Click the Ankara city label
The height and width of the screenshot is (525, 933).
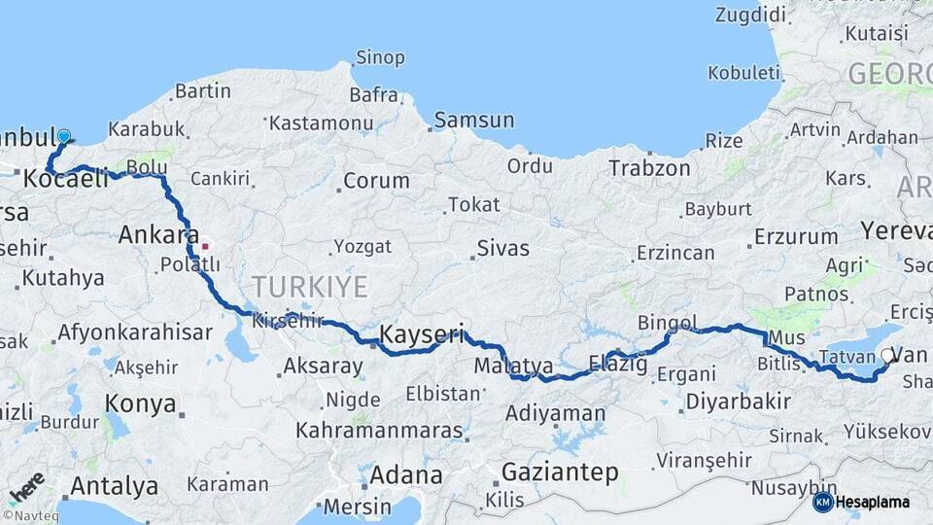pyautogui.click(x=152, y=234)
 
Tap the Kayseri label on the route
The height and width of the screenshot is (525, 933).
pyautogui.click(x=421, y=333)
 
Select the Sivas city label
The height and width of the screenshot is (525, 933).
pyautogui.click(x=502, y=249)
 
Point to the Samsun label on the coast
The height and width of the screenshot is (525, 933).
pyautogui.click(x=474, y=121)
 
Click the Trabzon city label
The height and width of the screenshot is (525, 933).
pyautogui.click(x=649, y=168)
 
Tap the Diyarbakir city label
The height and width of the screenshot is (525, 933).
pyautogui.click(x=738, y=402)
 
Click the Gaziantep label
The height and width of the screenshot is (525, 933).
pyautogui.click(x=560, y=472)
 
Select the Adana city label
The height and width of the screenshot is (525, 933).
pyautogui.click(x=406, y=476)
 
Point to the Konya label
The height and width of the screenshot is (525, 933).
pyautogui.click(x=140, y=403)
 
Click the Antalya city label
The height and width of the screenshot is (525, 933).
pyautogui.click(x=115, y=485)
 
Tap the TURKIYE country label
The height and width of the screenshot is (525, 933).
pyautogui.click(x=310, y=287)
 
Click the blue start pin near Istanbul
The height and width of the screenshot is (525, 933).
pyautogui.click(x=64, y=138)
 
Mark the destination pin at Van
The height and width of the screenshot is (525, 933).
pyautogui.click(x=888, y=358)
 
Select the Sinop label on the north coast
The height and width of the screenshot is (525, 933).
pyautogui.click(x=380, y=57)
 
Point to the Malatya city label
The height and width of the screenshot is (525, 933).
pyautogui.click(x=514, y=367)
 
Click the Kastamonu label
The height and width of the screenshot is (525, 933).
pyautogui.click(x=321, y=123)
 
